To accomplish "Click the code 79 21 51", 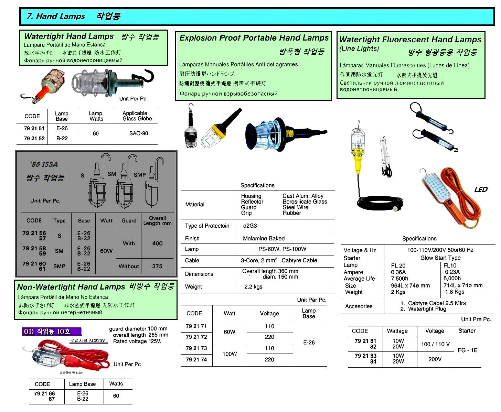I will (x=34, y=128).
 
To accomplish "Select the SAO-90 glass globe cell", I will (x=138, y=133).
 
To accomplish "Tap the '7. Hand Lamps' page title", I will (x=56, y=16).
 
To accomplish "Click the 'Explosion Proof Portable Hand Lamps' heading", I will (x=254, y=38).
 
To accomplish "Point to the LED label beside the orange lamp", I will (x=481, y=189).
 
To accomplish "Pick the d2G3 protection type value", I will (x=250, y=226).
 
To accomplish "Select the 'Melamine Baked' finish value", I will (x=264, y=238).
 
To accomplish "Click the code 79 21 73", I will (x=196, y=348).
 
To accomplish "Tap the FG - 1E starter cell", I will (x=467, y=350).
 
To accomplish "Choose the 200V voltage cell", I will (x=435, y=359).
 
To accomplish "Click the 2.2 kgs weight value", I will (x=253, y=287).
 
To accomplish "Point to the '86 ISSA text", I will (x=44, y=164).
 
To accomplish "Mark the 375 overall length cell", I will (x=157, y=266).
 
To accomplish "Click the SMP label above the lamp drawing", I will (x=140, y=175).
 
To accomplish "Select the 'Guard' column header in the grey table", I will (x=129, y=221).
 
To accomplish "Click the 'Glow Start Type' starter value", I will (x=440, y=258).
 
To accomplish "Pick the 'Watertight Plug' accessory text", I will (x=427, y=309).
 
